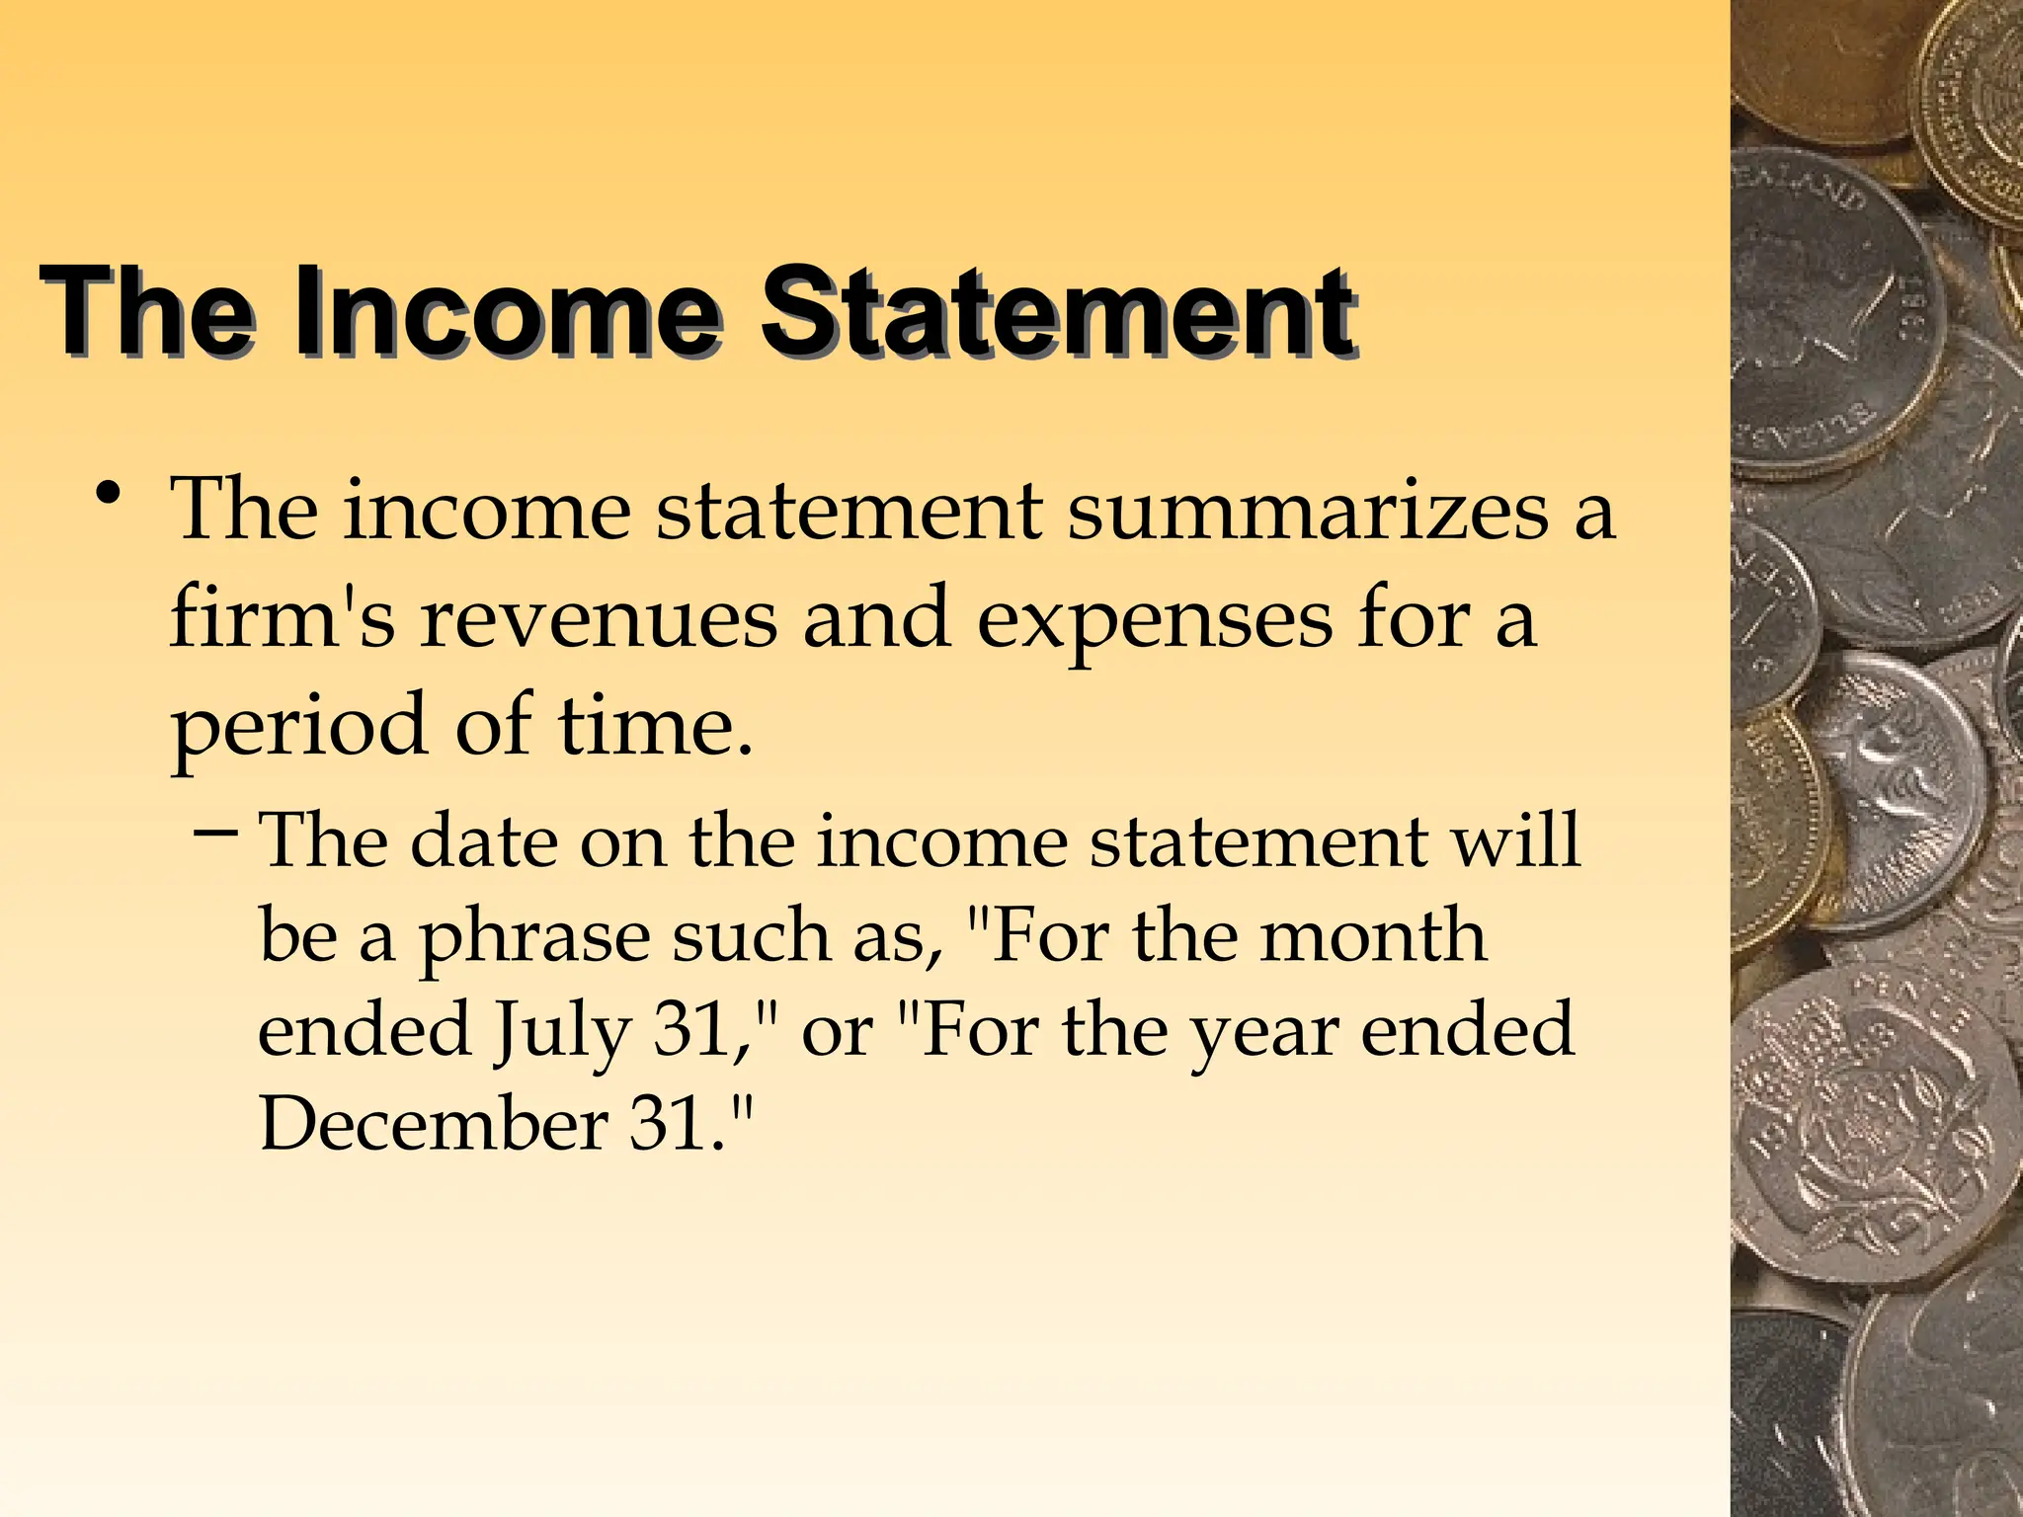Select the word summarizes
1308,511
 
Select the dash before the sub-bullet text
214,835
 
